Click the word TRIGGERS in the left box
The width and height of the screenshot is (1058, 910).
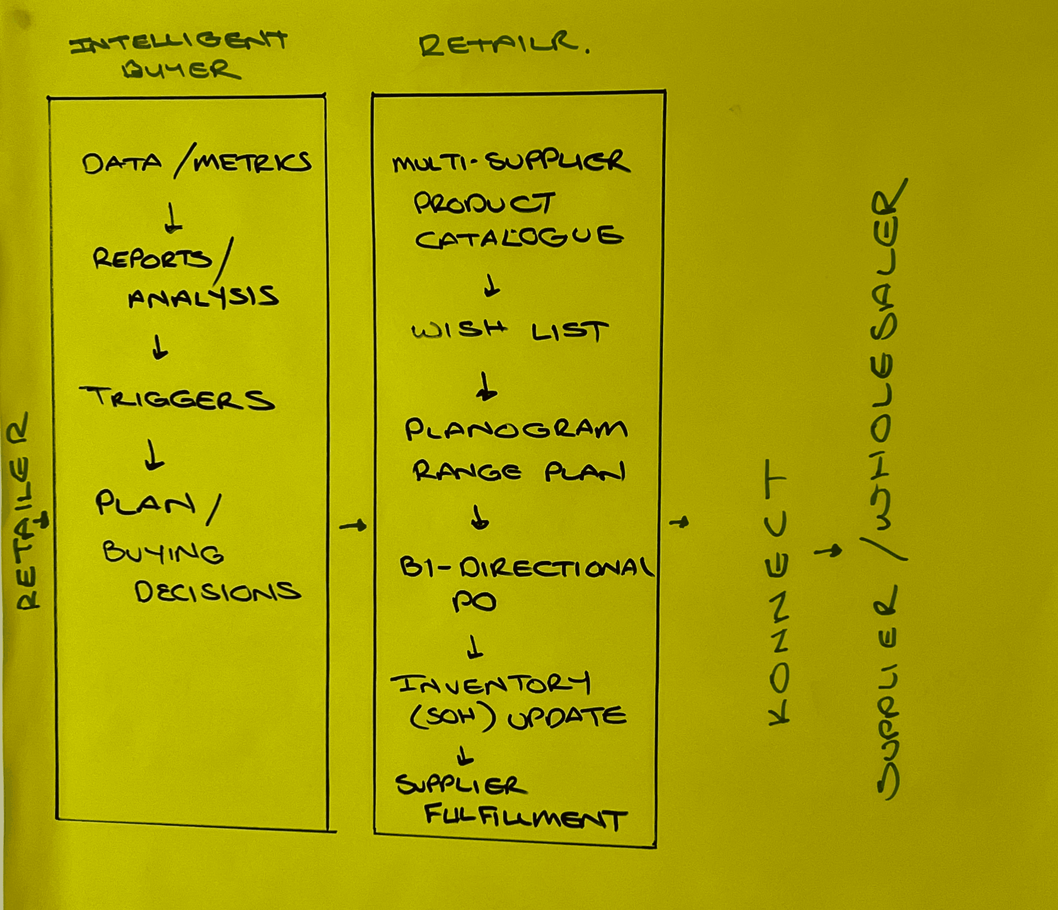[x=177, y=399]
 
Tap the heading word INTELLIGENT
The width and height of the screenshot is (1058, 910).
[x=179, y=41]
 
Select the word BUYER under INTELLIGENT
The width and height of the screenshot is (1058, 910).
[x=181, y=70]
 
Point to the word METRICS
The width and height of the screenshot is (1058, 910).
[x=252, y=163]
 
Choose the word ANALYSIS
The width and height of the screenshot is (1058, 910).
[x=203, y=297]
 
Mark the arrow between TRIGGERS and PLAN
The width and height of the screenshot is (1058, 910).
[x=153, y=455]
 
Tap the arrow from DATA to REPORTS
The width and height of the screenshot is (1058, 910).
[x=173, y=220]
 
